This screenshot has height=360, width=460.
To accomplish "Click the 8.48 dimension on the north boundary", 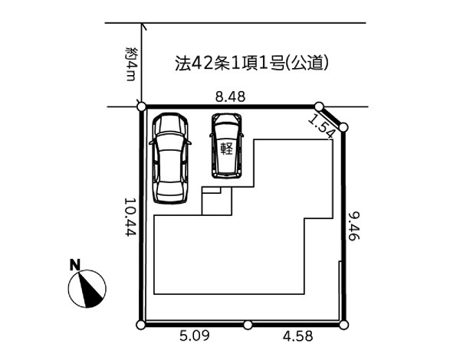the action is (x=230, y=97).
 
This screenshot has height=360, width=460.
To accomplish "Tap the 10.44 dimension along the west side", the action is (x=130, y=217).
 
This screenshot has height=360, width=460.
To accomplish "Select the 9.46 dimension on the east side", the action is (x=353, y=227).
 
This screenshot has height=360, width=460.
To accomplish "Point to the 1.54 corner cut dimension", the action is (x=321, y=126).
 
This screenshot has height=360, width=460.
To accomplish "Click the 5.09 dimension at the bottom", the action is (x=195, y=336).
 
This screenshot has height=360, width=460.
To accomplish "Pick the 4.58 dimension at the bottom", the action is (x=297, y=336).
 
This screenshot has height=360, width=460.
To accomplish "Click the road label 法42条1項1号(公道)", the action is (x=251, y=63).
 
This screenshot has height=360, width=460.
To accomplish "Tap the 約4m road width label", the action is (x=130, y=64).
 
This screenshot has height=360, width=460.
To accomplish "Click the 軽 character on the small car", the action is (x=226, y=149).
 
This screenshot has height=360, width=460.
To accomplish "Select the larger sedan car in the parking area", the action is (x=170, y=159).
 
